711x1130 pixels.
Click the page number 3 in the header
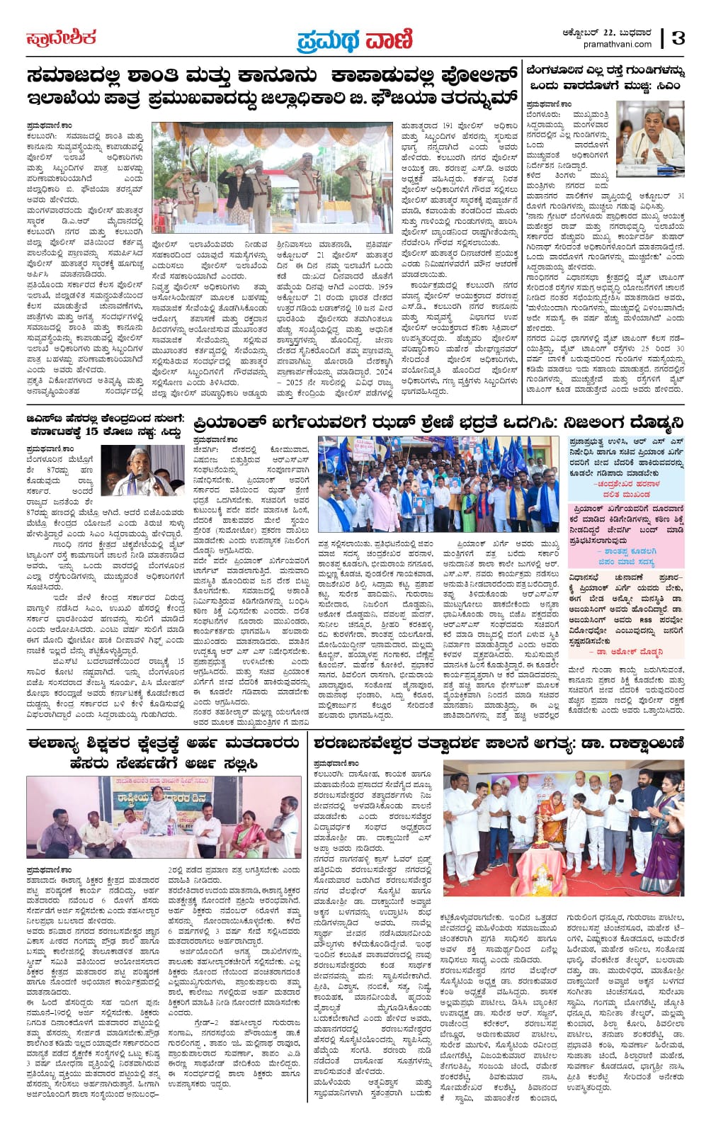coord(678,38)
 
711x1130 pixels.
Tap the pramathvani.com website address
coord(618,45)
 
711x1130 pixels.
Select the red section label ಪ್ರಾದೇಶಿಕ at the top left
coord(62,38)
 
